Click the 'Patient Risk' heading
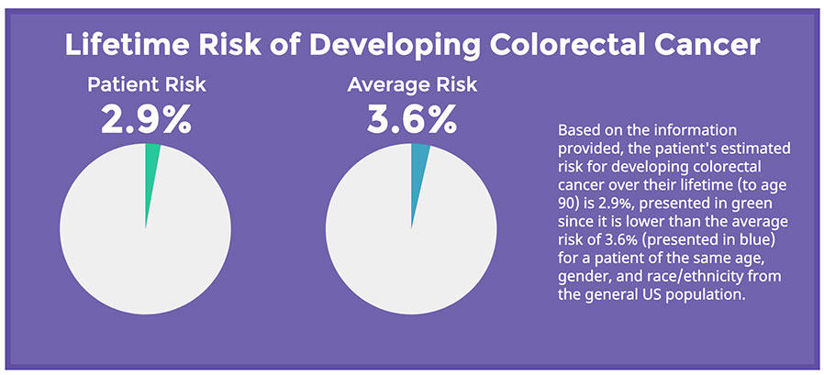click(x=147, y=84)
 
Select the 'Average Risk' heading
click(x=413, y=84)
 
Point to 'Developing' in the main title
click(x=394, y=45)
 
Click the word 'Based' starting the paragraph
click(x=573, y=129)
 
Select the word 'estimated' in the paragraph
click(x=762, y=149)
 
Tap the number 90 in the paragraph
click(x=565, y=204)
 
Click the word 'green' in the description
click(x=773, y=204)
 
